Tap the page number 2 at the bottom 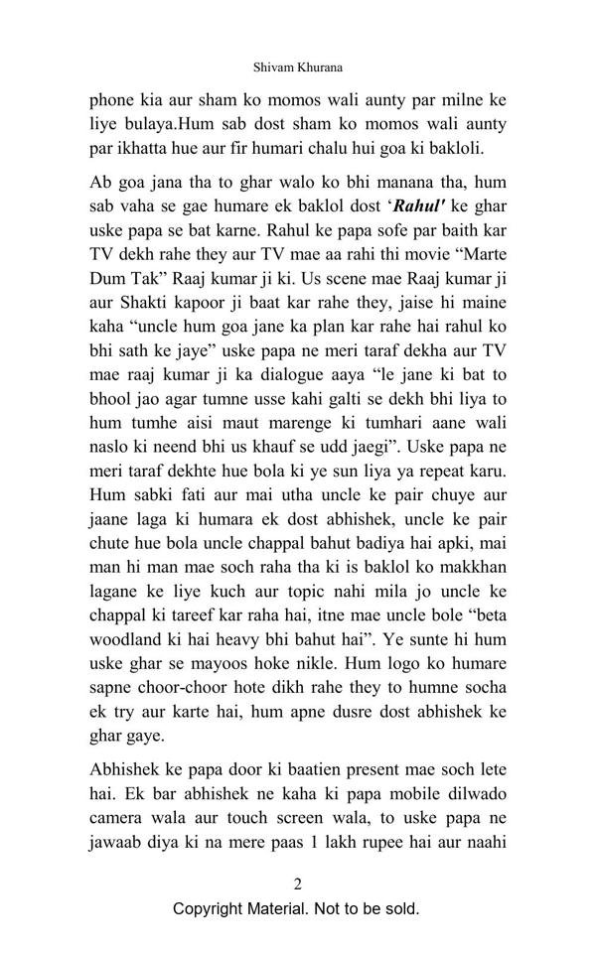tap(297, 884)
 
